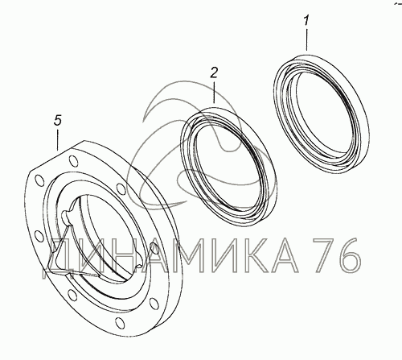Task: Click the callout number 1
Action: pyautogui.click(x=306, y=21)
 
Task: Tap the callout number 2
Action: pyautogui.click(x=214, y=72)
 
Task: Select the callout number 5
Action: pyautogui.click(x=58, y=120)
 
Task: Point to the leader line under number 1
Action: pyautogui.click(x=306, y=39)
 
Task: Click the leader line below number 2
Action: pyautogui.click(x=214, y=92)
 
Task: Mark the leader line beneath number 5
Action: pyautogui.click(x=58, y=139)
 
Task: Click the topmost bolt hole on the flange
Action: pyautogui.click(x=73, y=161)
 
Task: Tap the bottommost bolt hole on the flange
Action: pyautogui.click(x=119, y=322)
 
